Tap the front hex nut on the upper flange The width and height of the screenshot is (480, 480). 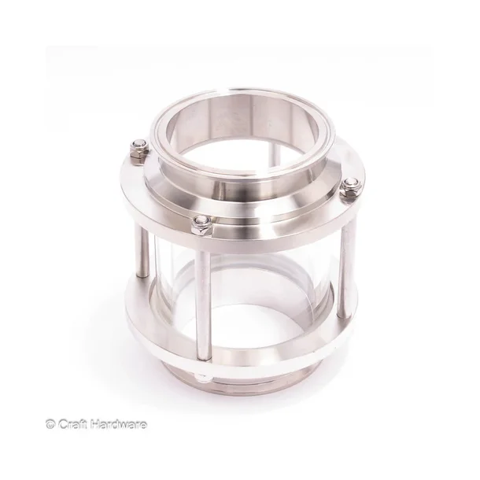coord(202,224)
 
